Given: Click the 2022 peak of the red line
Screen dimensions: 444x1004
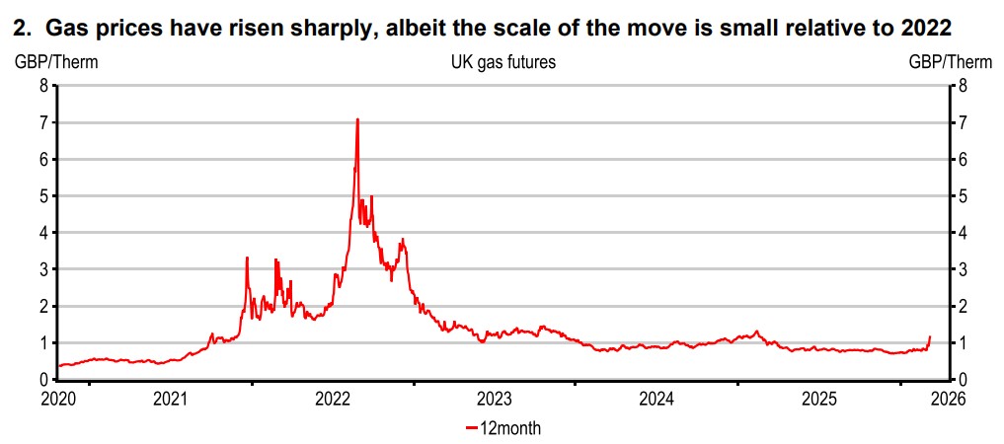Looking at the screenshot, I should tap(356, 119).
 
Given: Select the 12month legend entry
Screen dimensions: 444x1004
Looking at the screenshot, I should tap(502, 428).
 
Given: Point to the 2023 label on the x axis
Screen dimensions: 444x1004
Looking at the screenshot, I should tap(494, 399).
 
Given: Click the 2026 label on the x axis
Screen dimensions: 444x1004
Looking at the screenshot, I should tap(947, 399).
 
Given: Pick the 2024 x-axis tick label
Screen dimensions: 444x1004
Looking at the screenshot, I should tap(656, 399).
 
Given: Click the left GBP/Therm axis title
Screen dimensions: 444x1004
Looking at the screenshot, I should tap(54, 62).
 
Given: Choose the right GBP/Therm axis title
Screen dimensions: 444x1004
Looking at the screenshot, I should tap(950, 62).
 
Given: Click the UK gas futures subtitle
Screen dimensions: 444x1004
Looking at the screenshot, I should tap(502, 62).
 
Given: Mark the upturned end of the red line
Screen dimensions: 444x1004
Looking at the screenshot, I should tap(929, 337).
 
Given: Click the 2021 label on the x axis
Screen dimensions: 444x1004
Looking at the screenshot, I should tap(170, 399).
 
